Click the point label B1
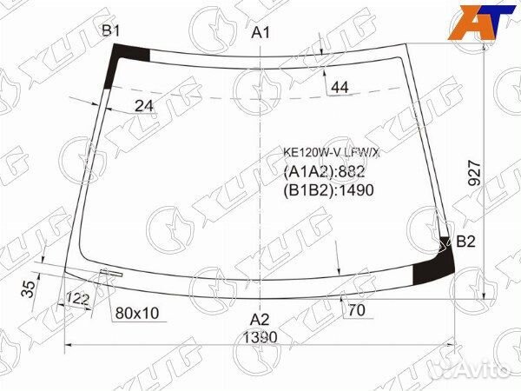point(111,32)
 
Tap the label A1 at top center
point(261,33)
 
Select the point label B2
point(466,242)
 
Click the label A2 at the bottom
point(260,318)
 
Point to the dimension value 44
point(340,87)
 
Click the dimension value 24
point(145,106)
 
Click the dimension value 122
point(78,300)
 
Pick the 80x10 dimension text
point(137,313)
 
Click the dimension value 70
point(356,310)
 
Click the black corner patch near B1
point(122,65)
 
